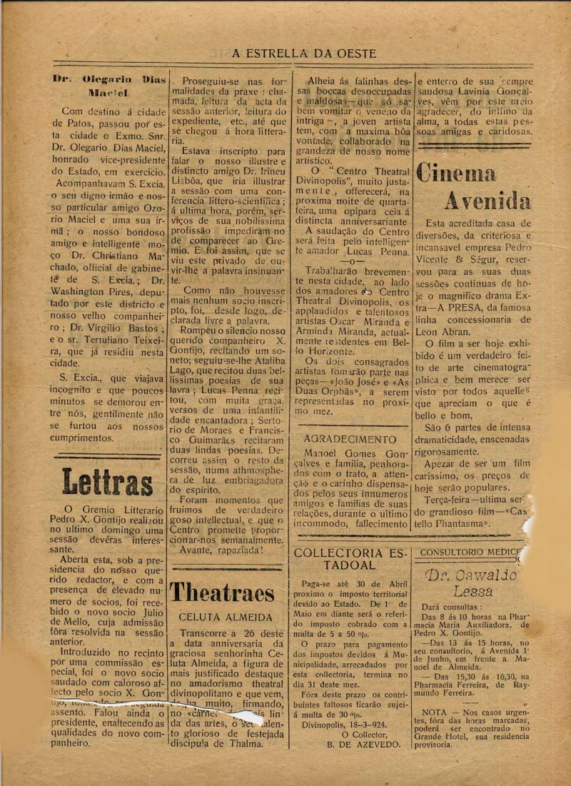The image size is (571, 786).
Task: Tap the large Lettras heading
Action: coord(107,482)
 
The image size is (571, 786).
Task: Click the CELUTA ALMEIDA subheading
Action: coord(226,618)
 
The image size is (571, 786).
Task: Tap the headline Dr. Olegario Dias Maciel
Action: coord(108,86)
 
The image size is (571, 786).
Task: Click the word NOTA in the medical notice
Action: coord(435,712)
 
